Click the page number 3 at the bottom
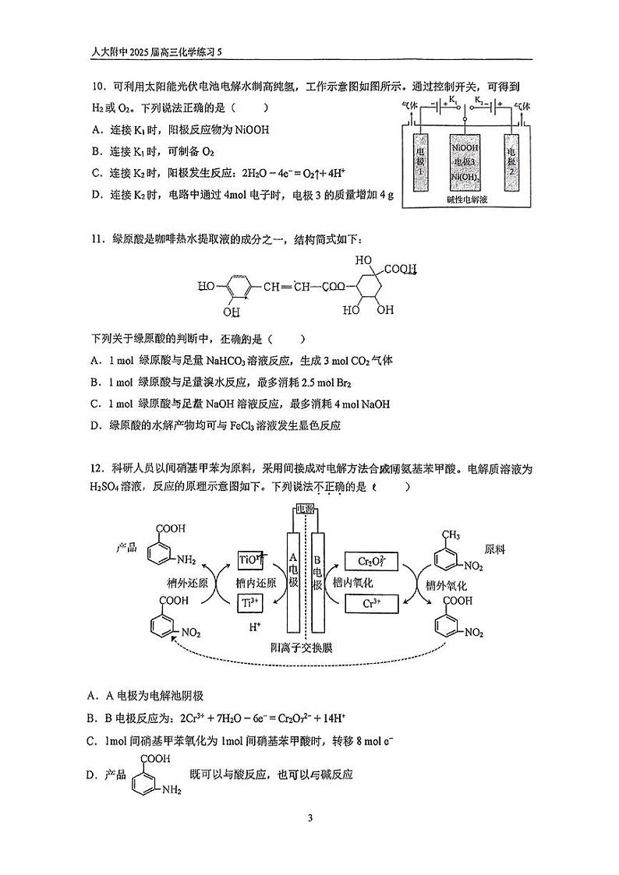[x=310, y=817]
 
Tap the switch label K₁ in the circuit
[x=449, y=101]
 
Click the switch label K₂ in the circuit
[x=481, y=101]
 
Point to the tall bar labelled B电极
[x=317, y=580]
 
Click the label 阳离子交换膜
[x=306, y=646]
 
